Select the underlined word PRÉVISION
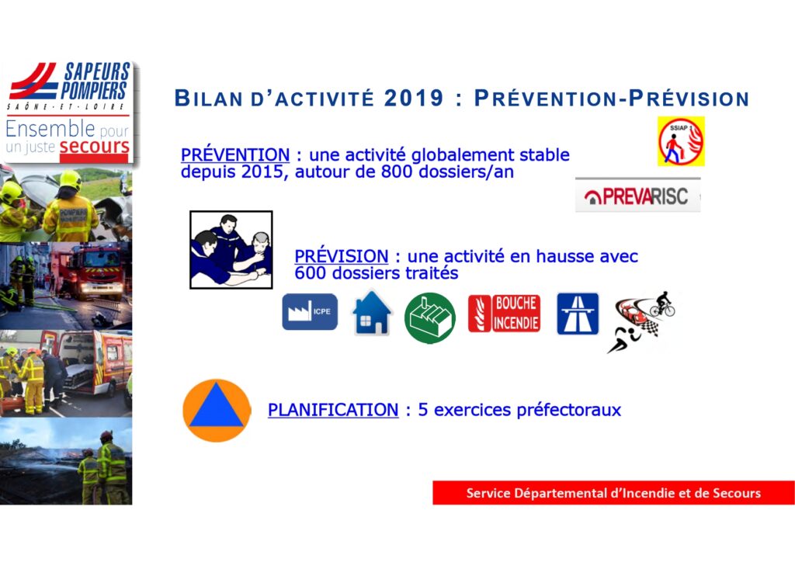coord(342,255)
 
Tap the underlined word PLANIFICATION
coord(333,409)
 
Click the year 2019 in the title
coord(414,98)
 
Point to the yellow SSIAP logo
coord(681,141)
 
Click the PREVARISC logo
coord(638,195)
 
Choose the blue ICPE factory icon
coord(310,311)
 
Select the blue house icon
coord(372,313)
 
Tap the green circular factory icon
coord(430,317)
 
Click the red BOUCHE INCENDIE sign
coord(504,313)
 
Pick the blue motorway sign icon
coord(578,314)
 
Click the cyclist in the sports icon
coord(662,304)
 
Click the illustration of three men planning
coord(231,250)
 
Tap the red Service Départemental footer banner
coord(613,493)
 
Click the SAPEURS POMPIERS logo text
coord(95,81)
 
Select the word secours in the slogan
coord(94,146)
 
